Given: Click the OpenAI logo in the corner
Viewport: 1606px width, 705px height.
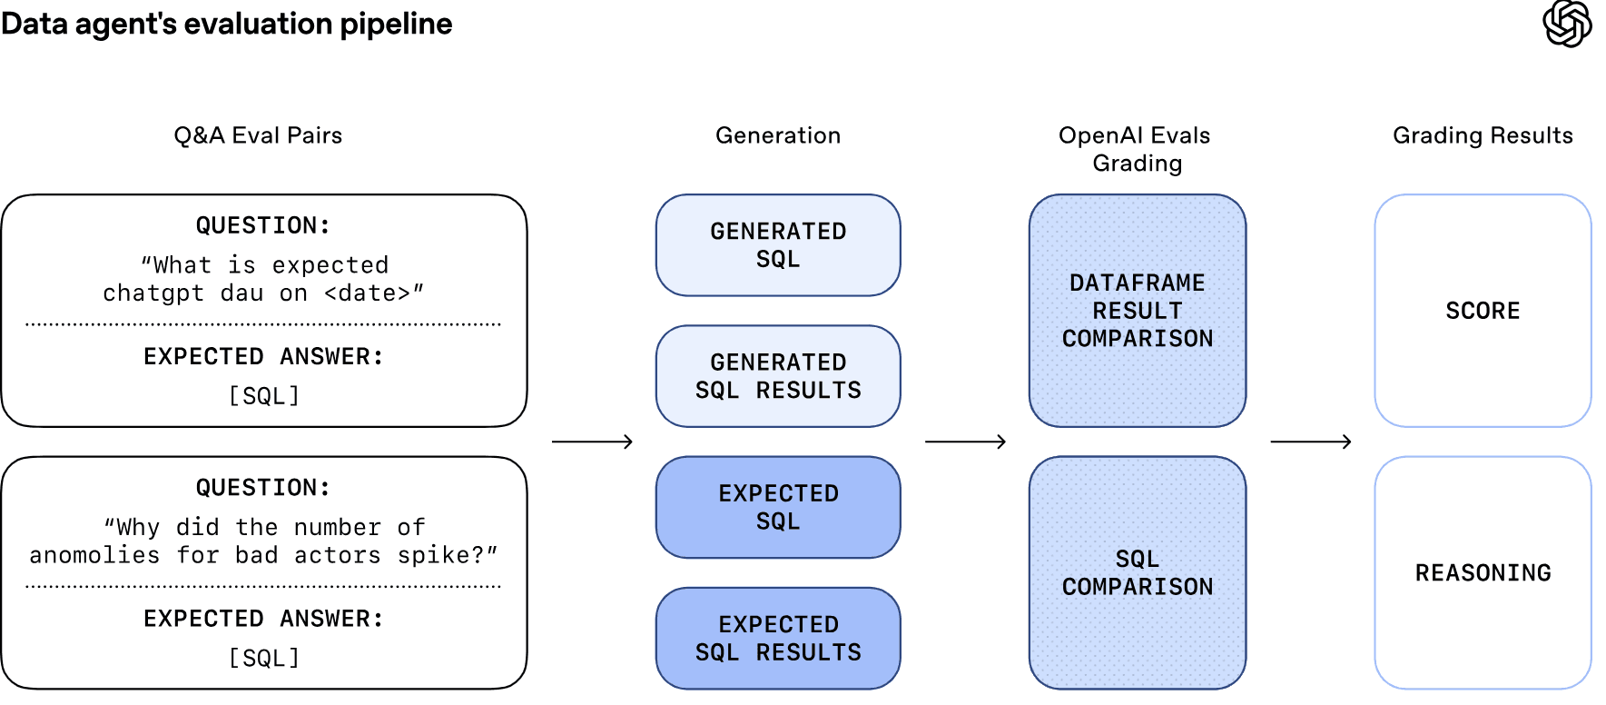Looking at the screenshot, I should (x=1567, y=24).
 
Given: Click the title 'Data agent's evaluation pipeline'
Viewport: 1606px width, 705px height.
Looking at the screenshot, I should (x=226, y=24).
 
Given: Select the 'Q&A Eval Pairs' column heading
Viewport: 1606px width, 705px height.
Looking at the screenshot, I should (x=258, y=135).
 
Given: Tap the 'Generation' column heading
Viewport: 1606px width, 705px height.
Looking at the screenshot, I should (x=778, y=135).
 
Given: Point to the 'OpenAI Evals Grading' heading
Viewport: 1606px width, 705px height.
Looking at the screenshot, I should (x=1136, y=149).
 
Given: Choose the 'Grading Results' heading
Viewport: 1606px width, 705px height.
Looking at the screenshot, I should (x=1483, y=135).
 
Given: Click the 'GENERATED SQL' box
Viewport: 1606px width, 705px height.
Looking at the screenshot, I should (x=778, y=245).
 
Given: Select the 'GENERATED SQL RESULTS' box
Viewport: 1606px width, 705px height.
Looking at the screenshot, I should (x=778, y=376).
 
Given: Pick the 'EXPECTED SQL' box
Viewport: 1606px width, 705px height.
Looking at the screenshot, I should (x=778, y=507).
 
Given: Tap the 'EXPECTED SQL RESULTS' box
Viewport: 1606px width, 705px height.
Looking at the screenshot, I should (x=778, y=638).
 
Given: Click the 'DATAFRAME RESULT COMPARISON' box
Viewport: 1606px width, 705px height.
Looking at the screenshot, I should (x=1137, y=311).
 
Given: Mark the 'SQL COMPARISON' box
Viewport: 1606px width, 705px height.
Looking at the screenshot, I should (x=1137, y=572).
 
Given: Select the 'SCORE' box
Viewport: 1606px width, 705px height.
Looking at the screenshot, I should (x=1483, y=311).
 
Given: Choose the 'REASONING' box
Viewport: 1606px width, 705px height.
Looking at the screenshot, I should (x=1483, y=572).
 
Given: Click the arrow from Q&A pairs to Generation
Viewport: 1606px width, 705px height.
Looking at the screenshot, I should (x=592, y=442).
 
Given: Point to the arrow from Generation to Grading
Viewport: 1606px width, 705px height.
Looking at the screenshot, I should (x=965, y=442).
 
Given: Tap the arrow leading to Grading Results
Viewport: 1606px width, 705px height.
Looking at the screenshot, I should (x=1311, y=442).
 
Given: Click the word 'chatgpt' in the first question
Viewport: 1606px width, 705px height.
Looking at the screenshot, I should (x=153, y=293).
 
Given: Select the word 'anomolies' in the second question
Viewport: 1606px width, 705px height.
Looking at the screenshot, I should (x=94, y=555).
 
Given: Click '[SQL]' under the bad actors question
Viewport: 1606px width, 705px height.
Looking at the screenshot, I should (x=264, y=658).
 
